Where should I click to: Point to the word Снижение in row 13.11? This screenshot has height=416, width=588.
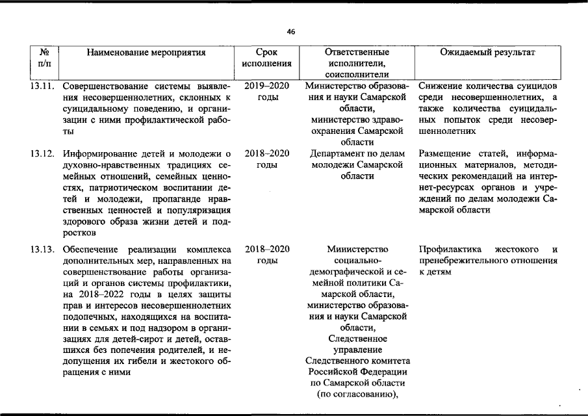(441, 86)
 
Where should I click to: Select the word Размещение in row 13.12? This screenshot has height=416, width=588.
(446, 154)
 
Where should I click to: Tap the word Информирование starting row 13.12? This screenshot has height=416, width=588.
(101, 154)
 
